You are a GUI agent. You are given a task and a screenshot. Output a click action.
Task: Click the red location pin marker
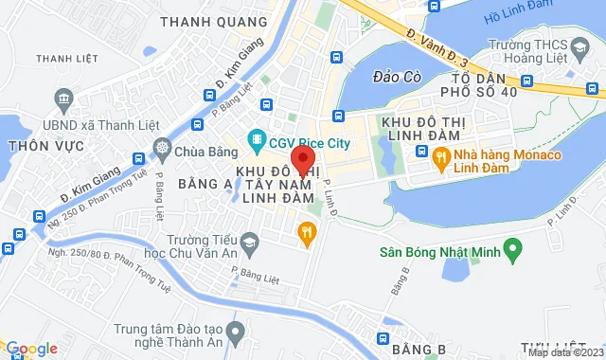tap(302, 159)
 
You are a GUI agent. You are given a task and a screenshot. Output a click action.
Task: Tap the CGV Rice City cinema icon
tap(257, 143)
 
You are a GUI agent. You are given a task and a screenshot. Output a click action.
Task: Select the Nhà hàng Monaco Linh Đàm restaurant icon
tap(439, 161)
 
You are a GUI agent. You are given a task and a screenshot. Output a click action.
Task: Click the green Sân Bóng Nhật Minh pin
tap(512, 251)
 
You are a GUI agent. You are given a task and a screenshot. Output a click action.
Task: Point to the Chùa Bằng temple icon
tap(163, 149)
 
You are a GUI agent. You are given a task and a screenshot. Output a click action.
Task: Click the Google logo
tap(30, 349)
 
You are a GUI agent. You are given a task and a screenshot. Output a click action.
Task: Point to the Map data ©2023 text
tap(564, 352)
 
